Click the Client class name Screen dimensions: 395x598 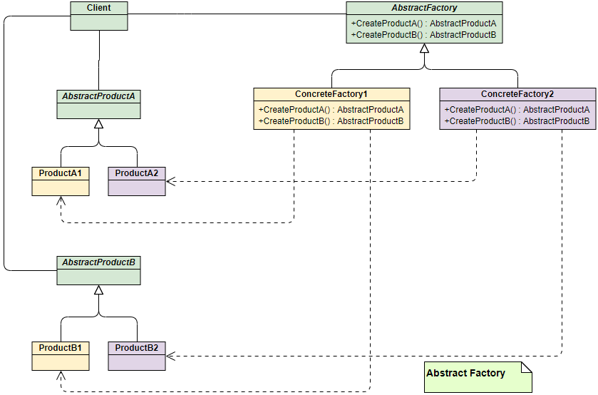[99, 8]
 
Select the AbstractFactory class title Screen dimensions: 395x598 [424, 9]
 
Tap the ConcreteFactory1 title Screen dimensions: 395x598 [331, 94]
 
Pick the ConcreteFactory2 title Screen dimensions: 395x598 [517, 94]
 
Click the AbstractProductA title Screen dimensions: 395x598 [98, 96]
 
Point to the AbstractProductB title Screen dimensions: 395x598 [98, 262]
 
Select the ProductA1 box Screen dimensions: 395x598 [61, 181]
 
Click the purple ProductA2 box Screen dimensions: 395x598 [136, 181]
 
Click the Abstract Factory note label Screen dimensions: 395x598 [465, 373]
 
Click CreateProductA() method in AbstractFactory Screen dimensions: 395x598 [423, 24]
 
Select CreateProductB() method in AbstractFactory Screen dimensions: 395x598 [423, 34]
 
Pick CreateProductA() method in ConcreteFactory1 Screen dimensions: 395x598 [331, 110]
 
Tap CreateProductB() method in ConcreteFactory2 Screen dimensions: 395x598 [517, 121]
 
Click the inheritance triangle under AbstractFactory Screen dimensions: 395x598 [424, 49]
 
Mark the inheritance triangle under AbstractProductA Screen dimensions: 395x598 [99, 124]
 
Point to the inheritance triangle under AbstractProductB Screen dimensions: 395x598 [99, 290]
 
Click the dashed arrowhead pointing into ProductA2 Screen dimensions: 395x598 [170, 181]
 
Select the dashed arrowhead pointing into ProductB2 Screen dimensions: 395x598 [170, 355]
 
